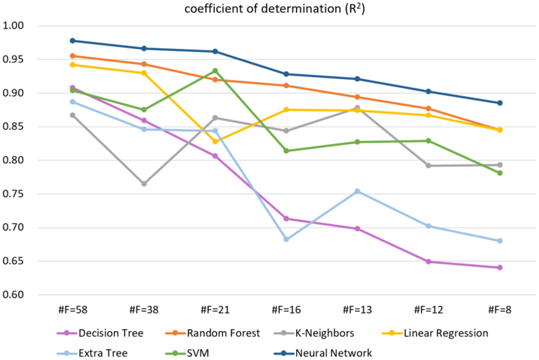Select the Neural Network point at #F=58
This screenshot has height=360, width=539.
tap(73, 41)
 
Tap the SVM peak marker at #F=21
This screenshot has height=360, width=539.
tap(215, 71)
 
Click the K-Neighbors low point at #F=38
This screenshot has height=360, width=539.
tap(144, 184)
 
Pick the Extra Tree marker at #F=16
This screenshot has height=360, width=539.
tap(286, 239)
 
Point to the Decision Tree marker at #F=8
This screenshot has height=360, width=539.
tap(500, 268)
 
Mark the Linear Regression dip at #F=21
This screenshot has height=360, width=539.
tap(215, 142)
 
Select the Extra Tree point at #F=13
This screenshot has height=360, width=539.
tap(357, 191)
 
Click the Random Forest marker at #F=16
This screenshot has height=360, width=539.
tap(286, 85)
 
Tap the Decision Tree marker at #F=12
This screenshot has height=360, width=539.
tap(428, 262)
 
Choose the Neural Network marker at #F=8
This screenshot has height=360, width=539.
tap(500, 103)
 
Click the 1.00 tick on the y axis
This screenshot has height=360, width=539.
tap(13, 26)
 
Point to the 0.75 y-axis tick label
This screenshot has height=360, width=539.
tap(13, 194)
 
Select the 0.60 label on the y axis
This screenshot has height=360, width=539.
tap(13, 295)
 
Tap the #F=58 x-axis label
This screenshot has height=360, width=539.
tap(73, 310)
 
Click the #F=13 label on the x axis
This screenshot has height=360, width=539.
tap(357, 310)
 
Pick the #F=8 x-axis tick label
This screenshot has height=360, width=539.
tap(500, 310)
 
